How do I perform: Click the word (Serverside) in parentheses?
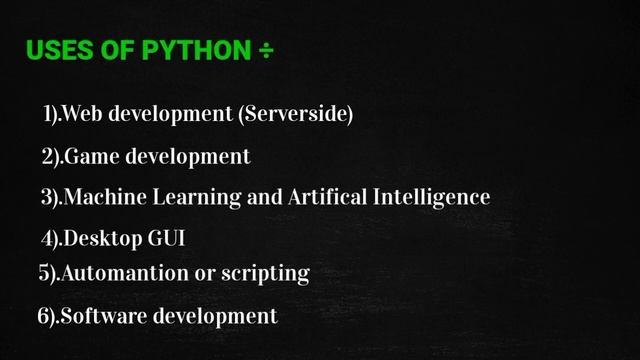[296, 115]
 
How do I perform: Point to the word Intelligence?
[430, 197]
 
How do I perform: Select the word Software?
[98, 316]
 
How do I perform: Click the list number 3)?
[51, 197]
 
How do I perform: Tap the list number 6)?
[47, 316]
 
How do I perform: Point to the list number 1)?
[52, 115]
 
